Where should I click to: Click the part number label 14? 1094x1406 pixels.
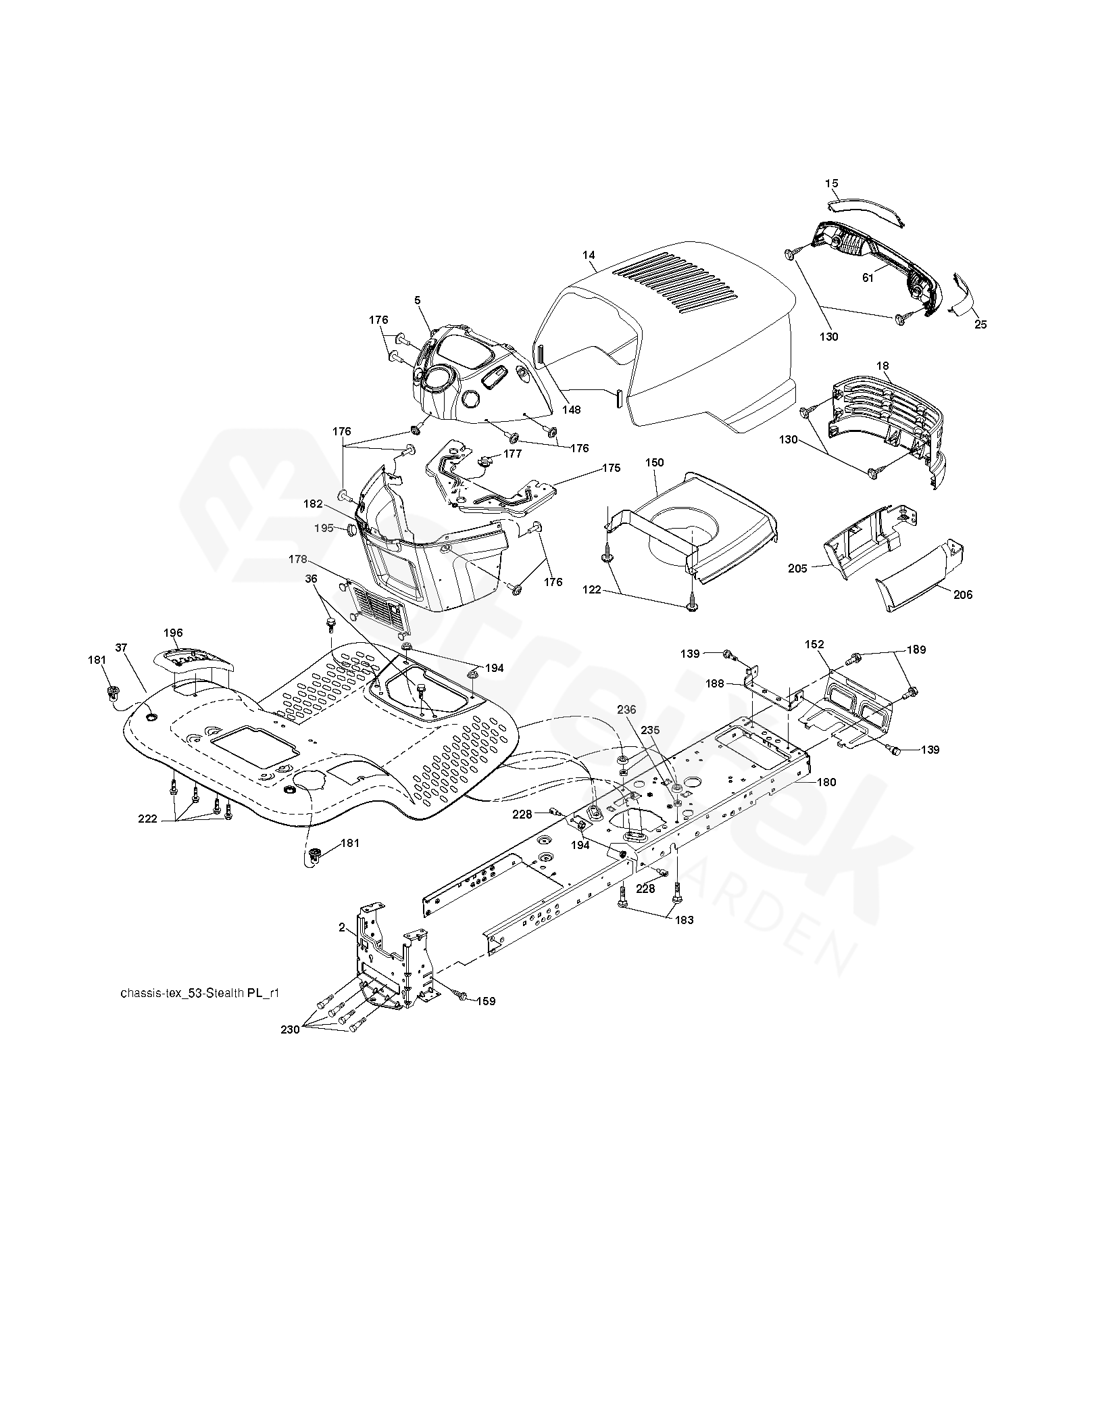pyautogui.click(x=589, y=255)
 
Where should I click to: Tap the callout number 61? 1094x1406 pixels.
pyautogui.click(x=868, y=278)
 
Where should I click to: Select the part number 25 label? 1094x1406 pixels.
pyautogui.click(x=980, y=324)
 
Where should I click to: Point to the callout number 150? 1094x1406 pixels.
pyautogui.click(x=655, y=463)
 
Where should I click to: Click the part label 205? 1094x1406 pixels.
pyautogui.click(x=797, y=568)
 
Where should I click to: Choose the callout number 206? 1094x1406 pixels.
pyautogui.click(x=963, y=595)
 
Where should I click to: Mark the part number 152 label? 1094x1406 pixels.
pyautogui.click(x=815, y=645)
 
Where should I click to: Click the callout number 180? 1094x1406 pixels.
pyautogui.click(x=826, y=783)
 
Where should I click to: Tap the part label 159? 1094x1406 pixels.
pyautogui.click(x=486, y=1001)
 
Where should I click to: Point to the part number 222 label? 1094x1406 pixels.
pyautogui.click(x=148, y=819)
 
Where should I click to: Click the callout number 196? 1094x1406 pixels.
pyautogui.click(x=173, y=633)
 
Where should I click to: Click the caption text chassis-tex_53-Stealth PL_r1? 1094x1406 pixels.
pyautogui.click(x=199, y=994)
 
